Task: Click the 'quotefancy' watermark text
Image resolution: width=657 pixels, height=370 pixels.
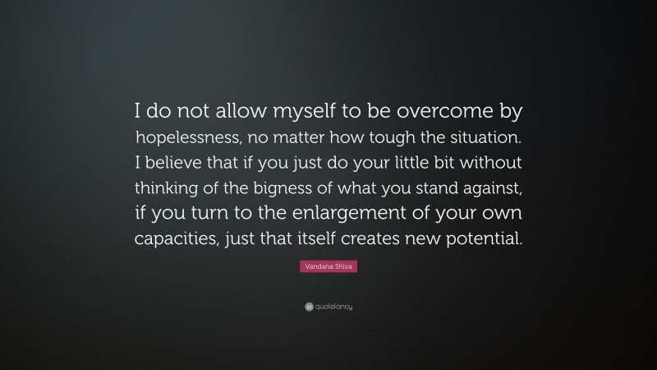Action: tap(334, 307)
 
